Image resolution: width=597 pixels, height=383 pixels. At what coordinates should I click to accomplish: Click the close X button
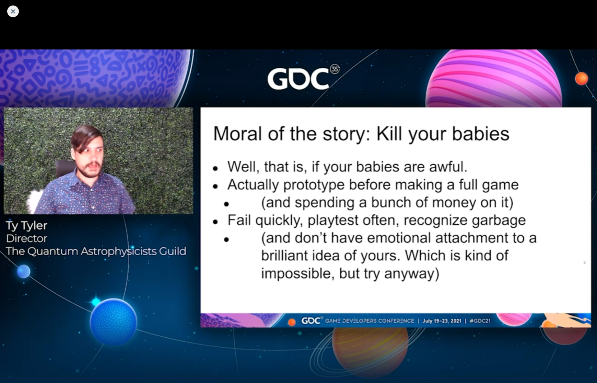(13, 11)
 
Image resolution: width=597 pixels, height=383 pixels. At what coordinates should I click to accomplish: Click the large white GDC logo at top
(298, 79)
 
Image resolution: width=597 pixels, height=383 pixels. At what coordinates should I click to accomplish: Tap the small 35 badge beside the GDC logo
(335, 69)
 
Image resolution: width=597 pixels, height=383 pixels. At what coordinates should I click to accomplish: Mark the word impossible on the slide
(298, 274)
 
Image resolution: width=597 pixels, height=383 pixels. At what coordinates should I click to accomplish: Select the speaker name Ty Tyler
(27, 225)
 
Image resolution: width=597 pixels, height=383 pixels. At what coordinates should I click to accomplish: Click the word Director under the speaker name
(27, 238)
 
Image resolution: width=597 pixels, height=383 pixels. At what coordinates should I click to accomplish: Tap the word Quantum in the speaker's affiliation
(52, 251)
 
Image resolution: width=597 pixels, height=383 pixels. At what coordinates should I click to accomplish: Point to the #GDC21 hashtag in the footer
(480, 321)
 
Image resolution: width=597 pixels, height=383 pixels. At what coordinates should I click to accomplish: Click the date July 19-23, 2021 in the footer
(442, 321)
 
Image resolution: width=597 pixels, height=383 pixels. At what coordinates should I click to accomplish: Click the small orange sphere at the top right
(582, 79)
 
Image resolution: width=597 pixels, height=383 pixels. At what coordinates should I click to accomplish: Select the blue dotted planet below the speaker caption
(114, 322)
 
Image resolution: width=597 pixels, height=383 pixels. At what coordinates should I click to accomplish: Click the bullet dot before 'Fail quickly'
(215, 222)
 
